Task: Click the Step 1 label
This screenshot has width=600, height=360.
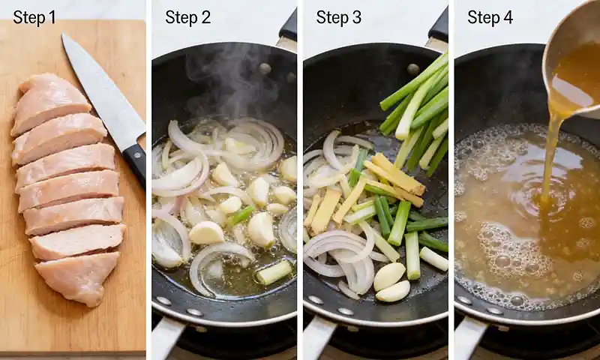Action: (34, 17)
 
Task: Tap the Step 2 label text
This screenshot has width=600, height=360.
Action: (187, 17)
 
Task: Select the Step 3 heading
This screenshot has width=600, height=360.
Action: (338, 17)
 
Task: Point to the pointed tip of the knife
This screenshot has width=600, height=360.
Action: (64, 37)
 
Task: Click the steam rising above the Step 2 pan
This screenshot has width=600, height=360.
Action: (225, 82)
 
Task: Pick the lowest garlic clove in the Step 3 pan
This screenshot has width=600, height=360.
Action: (393, 291)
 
